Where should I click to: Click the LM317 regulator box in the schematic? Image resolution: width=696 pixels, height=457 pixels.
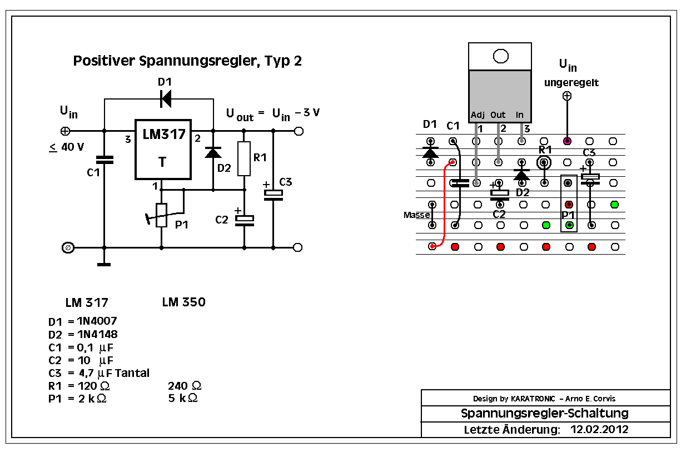[163, 149]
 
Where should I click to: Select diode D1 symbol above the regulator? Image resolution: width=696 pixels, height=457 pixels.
[165, 100]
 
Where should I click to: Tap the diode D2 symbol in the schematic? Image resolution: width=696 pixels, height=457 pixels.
[213, 152]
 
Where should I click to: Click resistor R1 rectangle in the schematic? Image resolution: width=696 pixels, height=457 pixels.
[243, 158]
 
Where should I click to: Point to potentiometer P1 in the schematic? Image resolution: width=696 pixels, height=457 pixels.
[161, 215]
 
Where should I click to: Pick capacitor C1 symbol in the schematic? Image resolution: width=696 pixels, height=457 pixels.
[104, 160]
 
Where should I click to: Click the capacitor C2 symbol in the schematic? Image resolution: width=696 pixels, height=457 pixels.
[244, 220]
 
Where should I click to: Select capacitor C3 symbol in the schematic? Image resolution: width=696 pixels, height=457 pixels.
[273, 193]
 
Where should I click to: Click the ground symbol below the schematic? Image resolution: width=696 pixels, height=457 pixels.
[104, 264]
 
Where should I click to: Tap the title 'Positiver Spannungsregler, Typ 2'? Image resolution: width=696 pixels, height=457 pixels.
[187, 61]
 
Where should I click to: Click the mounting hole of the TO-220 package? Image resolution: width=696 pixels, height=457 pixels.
[501, 56]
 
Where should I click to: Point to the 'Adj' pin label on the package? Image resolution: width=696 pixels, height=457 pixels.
[478, 115]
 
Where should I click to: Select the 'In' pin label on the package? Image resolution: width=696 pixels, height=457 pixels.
[520, 115]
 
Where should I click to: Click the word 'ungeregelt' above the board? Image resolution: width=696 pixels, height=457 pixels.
[571, 83]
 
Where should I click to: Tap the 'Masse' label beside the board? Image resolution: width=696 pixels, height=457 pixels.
[416, 215]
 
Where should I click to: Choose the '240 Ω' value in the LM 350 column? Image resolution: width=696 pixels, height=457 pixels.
[184, 386]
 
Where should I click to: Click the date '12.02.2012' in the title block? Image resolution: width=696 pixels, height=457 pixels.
[599, 429]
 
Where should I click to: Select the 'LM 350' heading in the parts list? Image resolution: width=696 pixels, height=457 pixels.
[183, 302]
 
